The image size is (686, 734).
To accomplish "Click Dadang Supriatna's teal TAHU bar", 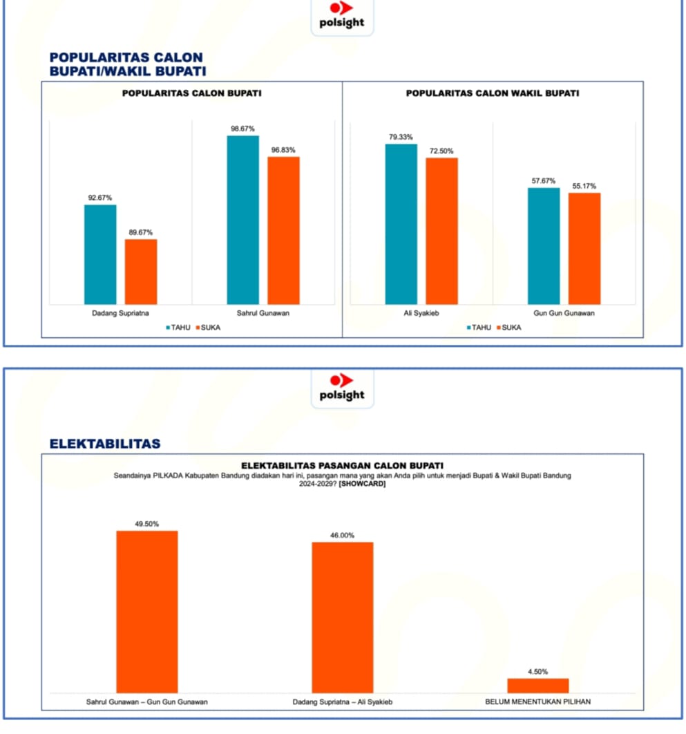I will [x=100, y=254].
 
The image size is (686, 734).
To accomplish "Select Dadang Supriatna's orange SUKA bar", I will [x=141, y=272].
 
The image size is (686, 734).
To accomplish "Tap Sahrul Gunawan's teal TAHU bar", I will [x=242, y=220].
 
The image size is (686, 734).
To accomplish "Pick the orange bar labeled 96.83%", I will [x=283, y=230].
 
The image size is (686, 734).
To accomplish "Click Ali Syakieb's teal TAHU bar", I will [x=401, y=224].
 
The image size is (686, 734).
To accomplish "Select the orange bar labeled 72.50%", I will [x=441, y=231].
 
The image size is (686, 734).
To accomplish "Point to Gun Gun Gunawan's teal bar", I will [x=544, y=246].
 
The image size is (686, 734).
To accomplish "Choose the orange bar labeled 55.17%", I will [x=584, y=248].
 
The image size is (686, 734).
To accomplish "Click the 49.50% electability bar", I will [x=146, y=612].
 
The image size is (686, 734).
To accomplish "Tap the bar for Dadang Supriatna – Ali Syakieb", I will [x=342, y=617].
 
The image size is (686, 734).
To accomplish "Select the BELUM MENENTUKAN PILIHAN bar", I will [x=537, y=686].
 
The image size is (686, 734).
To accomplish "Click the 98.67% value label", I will [x=242, y=129].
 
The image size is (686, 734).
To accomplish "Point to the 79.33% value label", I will [x=401, y=137].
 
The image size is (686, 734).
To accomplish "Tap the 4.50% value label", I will [x=537, y=671].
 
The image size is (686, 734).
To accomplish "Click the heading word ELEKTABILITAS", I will [x=105, y=443].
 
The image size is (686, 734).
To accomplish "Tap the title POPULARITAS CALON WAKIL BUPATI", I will [x=492, y=93].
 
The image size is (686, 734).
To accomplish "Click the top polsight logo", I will [x=341, y=15].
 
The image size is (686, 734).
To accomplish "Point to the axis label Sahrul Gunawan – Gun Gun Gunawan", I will [x=146, y=702].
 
